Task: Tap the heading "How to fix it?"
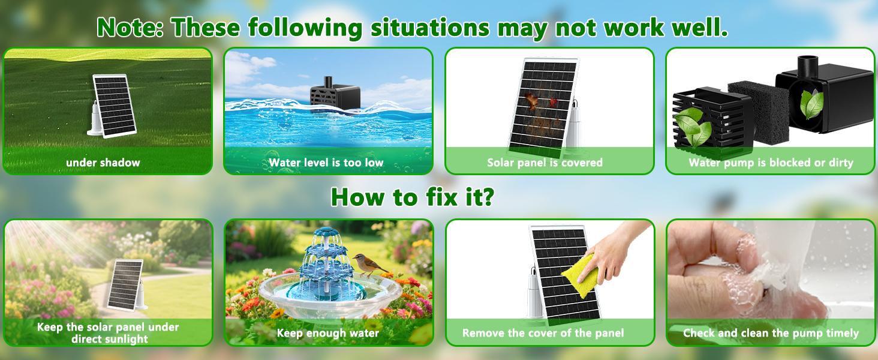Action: coord(412,197)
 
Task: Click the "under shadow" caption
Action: coord(103,163)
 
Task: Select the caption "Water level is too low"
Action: coord(326,163)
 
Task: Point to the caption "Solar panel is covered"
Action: coord(545,163)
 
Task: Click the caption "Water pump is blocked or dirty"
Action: coord(771,163)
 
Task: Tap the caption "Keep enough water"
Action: coord(327,333)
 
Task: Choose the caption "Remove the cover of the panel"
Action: coord(543,333)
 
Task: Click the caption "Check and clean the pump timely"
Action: coord(771,333)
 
